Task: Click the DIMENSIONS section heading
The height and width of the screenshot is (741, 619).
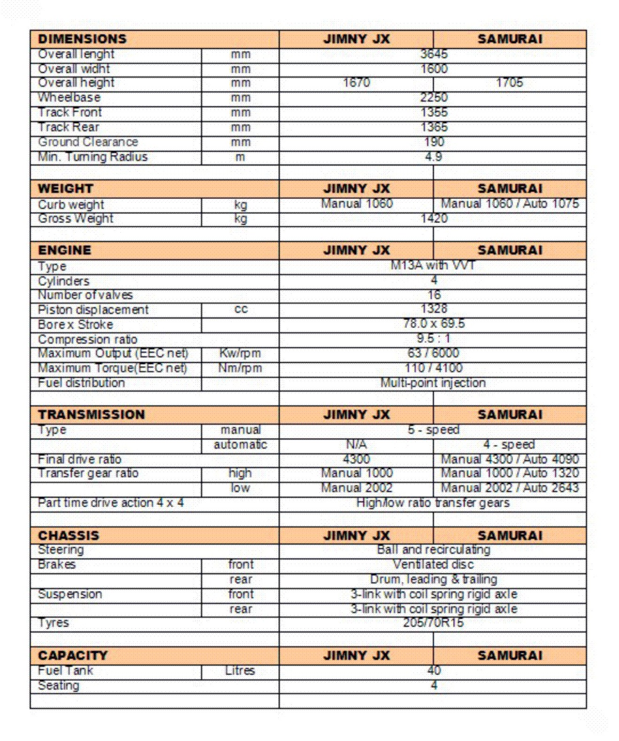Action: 82,39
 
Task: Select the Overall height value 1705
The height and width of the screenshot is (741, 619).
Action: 510,83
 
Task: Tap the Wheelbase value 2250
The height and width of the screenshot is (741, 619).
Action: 433,98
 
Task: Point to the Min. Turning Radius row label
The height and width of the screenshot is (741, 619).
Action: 93,157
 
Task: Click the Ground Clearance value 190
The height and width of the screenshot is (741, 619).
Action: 433,142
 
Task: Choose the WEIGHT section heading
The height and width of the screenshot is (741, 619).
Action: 66,189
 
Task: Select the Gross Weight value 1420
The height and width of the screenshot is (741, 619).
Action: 433,219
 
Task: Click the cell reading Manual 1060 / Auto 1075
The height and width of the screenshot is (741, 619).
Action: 510,204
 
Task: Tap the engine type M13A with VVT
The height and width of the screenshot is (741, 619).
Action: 433,266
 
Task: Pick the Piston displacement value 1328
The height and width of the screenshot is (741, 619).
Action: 433,309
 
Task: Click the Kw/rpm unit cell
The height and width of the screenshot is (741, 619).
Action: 240,353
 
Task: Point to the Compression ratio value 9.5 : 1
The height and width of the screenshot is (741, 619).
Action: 433,339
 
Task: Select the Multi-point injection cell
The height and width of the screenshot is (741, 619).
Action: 433,383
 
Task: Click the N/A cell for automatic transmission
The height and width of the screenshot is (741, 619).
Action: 356,445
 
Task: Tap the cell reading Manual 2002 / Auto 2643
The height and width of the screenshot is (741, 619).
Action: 510,489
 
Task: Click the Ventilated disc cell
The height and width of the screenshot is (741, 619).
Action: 433,565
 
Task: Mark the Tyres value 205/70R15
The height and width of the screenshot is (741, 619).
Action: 433,623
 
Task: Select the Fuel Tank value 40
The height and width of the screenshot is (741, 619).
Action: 433,671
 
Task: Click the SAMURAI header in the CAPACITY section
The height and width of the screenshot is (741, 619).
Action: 510,656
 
